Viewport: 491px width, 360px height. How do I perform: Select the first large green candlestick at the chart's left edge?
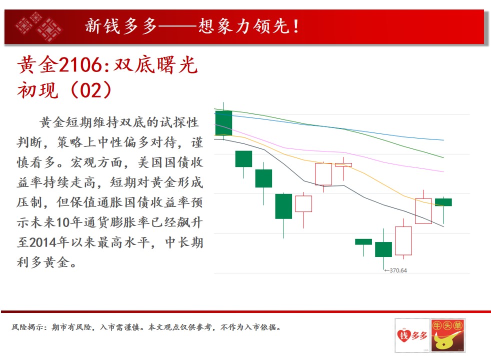coord(223,122)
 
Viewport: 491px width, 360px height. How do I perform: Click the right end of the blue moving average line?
coord(443,140)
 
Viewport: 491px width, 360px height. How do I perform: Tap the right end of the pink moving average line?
coord(443,172)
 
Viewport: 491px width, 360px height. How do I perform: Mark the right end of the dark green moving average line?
coord(443,157)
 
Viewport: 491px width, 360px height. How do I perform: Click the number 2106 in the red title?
coord(80,65)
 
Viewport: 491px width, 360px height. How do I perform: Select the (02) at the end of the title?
coord(91,90)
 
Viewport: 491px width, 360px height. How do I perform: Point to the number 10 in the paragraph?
coord(63,222)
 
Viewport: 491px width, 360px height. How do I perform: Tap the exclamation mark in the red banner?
coord(295,26)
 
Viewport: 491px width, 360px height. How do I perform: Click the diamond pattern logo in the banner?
coord(39,26)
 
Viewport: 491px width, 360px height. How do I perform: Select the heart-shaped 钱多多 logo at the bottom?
coord(412,335)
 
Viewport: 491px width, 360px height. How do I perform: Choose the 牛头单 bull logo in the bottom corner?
coord(447,335)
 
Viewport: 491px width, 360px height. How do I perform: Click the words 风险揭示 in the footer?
coord(27,327)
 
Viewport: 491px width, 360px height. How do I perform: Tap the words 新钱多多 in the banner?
coord(121,26)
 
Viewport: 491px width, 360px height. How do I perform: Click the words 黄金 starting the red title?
coord(38,65)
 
